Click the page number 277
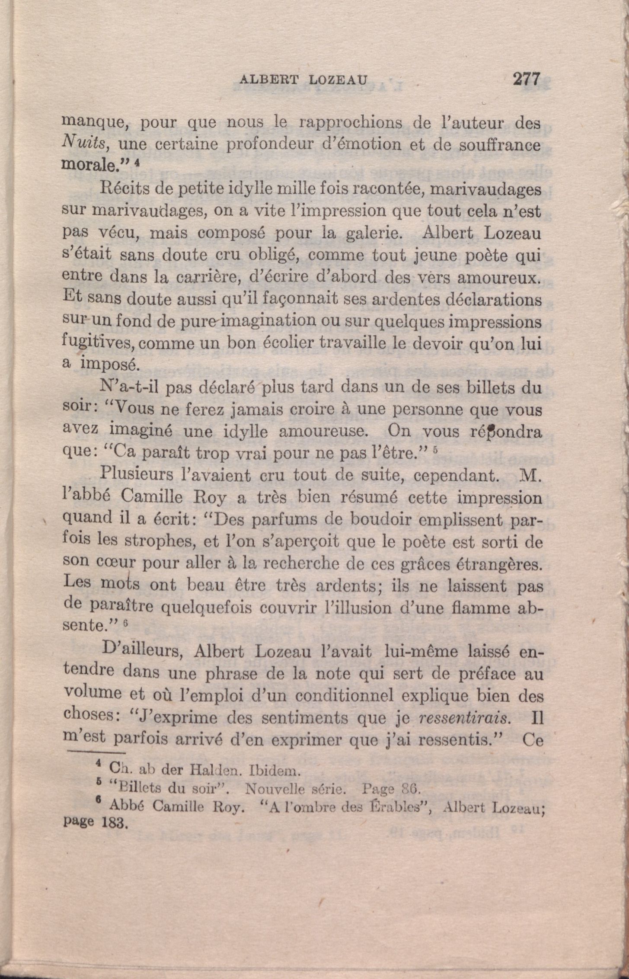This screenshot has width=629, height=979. click(526, 79)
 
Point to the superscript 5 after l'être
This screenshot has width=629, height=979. click(435, 450)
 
